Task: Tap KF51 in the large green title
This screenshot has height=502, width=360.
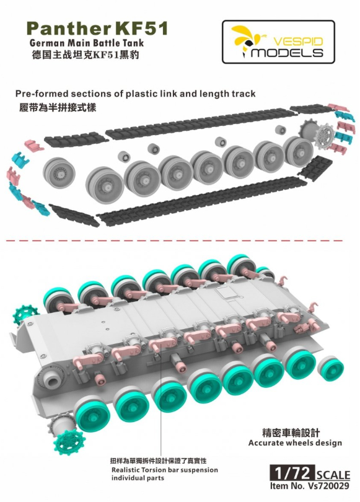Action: (x=140, y=29)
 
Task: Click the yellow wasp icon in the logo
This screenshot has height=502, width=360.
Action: (x=244, y=40)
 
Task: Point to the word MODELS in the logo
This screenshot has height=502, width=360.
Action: (x=287, y=52)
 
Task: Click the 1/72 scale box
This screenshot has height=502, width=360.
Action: (x=292, y=472)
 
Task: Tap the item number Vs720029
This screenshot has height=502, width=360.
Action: (x=327, y=486)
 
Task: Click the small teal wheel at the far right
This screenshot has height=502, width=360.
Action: (x=330, y=366)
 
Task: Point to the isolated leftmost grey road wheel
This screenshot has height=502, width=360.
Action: (x=59, y=169)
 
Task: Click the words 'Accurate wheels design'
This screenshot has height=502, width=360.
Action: (x=295, y=443)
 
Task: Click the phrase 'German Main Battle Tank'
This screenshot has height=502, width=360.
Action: (x=86, y=43)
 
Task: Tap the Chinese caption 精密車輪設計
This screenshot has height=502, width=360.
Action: (x=291, y=433)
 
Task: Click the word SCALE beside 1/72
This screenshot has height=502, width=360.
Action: (x=333, y=475)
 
